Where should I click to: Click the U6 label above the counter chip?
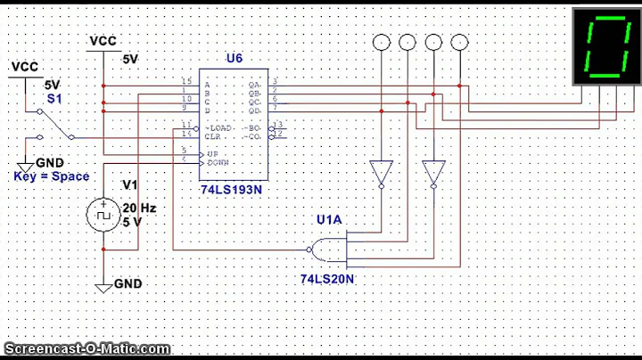click(x=234, y=58)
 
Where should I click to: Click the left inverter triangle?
click(x=381, y=171)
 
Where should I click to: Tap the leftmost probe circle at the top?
click(x=381, y=42)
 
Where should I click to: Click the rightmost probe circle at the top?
click(x=459, y=42)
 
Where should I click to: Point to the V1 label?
click(x=130, y=185)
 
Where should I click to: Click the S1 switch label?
click(x=53, y=98)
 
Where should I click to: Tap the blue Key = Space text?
click(x=51, y=176)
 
